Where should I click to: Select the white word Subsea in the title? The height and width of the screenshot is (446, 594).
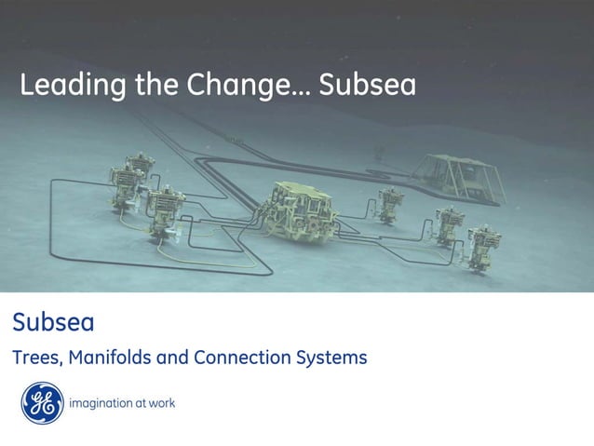367,86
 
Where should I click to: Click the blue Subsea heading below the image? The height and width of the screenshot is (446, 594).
53,323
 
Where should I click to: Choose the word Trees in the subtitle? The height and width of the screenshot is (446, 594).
34,358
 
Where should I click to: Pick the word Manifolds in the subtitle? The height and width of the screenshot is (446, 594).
105,358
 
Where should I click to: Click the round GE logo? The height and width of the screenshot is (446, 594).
42,403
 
